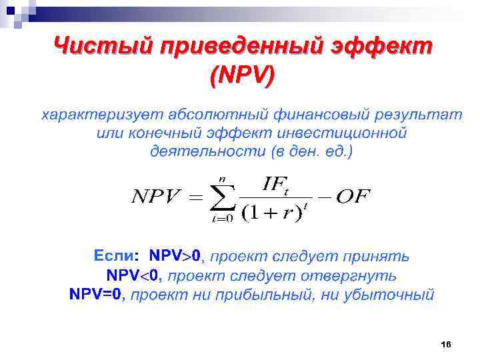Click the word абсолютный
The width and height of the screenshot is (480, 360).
[x=213, y=115]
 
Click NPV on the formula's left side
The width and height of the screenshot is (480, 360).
[x=157, y=197]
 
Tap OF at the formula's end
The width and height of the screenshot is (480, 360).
[x=353, y=197]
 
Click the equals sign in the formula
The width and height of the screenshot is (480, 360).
[x=193, y=197]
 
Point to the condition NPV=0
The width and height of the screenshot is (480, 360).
[x=96, y=294]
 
